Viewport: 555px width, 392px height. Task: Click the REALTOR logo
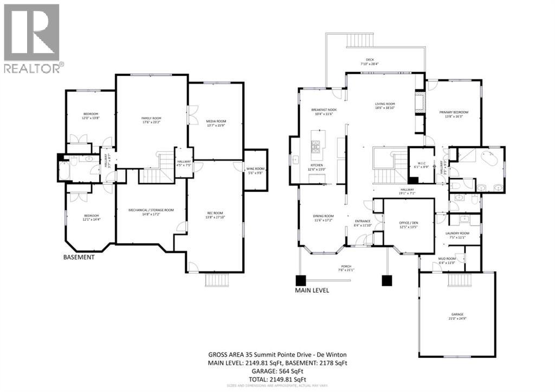pos(33,38)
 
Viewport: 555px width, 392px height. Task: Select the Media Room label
pos(216,123)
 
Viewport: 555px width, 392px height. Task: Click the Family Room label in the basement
pos(152,120)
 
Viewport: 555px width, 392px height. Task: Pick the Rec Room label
pos(215,214)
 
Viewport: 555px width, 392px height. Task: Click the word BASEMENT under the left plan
pos(78,258)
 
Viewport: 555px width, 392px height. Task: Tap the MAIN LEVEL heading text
pos(312,290)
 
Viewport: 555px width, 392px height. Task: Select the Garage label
pos(458,316)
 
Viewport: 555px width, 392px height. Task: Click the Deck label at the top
pos(370,61)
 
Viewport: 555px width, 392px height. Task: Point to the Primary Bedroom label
pos(454,114)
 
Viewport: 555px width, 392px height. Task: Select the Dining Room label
pos(323,218)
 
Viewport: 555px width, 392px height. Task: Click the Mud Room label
pos(447,260)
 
